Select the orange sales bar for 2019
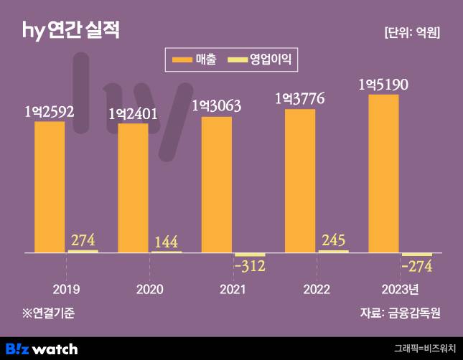[x=50, y=187]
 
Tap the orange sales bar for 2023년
[x=383, y=174]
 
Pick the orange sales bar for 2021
[x=217, y=184]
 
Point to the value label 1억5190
[x=383, y=85]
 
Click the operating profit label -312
[x=250, y=267]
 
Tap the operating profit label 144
[x=166, y=241]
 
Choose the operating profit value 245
[x=333, y=240]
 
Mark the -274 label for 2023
[x=416, y=267]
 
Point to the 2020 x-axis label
[x=149, y=289]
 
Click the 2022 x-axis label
[x=317, y=289]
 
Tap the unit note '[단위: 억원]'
[x=412, y=33]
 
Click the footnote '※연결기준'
[x=48, y=313]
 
